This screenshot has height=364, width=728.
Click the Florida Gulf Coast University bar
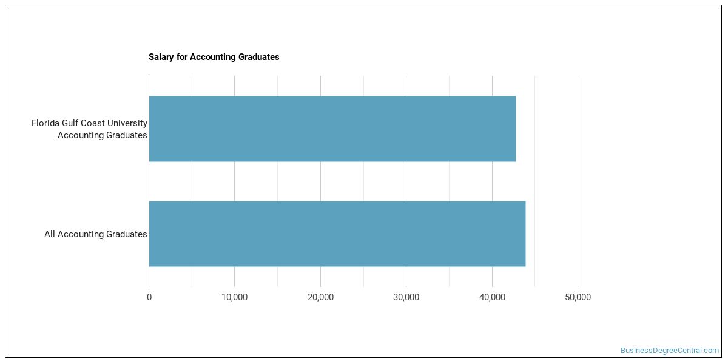332,129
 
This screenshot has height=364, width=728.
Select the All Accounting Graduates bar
337,234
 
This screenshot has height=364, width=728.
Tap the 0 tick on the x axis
149,297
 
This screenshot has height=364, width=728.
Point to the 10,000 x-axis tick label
235,297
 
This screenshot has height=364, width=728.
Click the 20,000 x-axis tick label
320,297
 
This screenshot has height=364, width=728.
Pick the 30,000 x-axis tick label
406,297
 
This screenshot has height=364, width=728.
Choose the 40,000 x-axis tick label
492,297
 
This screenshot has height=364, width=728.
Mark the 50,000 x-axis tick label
578,297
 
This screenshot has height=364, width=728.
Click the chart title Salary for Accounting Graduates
214,57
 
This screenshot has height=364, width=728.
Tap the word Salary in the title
161,57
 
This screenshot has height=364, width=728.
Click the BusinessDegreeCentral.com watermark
669,351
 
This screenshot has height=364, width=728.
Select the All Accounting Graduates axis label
95,234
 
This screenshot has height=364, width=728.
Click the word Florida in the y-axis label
47,123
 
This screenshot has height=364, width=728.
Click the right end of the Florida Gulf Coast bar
514,129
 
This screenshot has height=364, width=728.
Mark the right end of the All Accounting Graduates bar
524,234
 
